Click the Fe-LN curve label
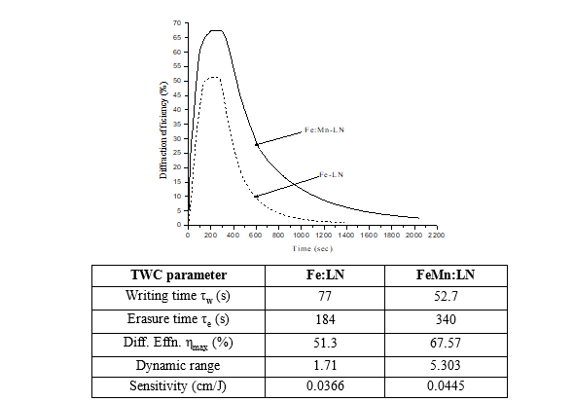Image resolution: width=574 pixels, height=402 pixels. (332, 174)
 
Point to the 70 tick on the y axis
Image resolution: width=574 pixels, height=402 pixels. (178, 21)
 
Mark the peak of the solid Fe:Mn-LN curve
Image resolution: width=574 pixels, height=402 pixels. (217, 30)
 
